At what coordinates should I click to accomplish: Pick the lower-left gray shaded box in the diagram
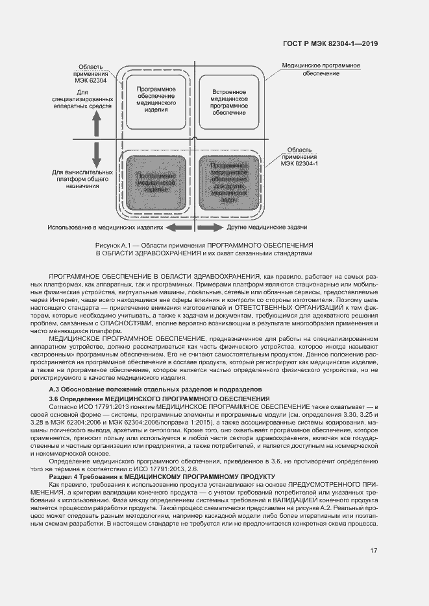156,183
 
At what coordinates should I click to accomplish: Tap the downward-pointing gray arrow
96,156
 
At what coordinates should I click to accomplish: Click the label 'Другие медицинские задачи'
266,227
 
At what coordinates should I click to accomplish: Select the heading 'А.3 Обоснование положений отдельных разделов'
156,388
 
